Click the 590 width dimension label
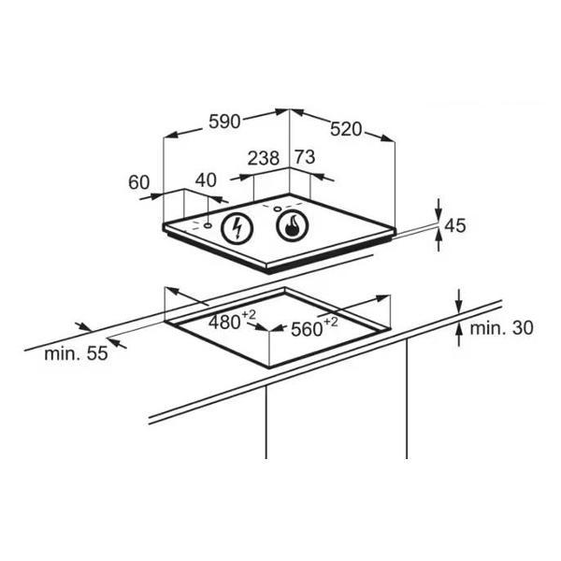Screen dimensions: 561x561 click(224, 122)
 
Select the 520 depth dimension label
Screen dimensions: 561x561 click(346, 129)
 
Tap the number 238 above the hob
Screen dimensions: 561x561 click(264, 158)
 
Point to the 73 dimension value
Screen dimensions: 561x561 click(305, 157)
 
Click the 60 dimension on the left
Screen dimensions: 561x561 click(138, 182)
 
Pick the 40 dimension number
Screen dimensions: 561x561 click(206, 180)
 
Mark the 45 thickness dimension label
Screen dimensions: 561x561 click(455, 225)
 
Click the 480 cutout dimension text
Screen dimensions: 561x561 click(224, 323)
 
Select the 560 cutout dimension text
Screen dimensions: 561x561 click(307, 329)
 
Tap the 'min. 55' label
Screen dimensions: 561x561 click(76, 353)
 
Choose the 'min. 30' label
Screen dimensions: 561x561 click(501, 328)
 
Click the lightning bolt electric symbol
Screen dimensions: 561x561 click(237, 228)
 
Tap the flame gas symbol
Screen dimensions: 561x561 click(293, 225)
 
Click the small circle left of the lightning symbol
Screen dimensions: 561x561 click(208, 225)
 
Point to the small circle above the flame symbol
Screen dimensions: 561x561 click(278, 209)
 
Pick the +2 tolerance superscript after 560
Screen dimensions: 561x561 click(330, 323)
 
